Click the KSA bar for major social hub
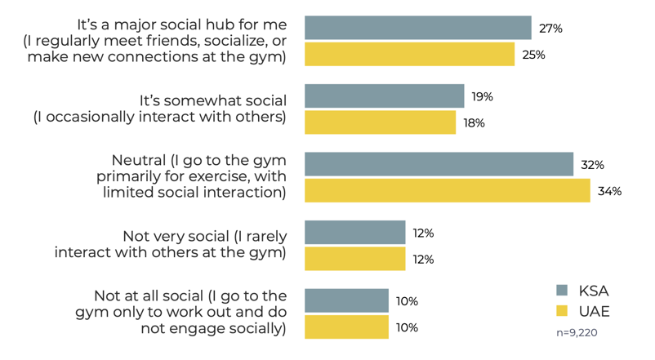tap(417, 28)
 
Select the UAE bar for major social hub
tap(409, 55)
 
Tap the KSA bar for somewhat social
tap(384, 96)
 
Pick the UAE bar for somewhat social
tap(380, 122)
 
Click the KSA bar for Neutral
tap(439, 164)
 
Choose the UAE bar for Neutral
tap(447, 191)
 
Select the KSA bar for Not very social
tap(354, 233)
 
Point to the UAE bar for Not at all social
tap(346, 327)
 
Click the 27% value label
tap(550, 28)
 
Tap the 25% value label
tap(533, 55)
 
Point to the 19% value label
tap(482, 96)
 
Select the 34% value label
tap(610, 191)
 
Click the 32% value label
tap(592, 164)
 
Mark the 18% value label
tap(474, 122)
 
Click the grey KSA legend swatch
tap(562, 290)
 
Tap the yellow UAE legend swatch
tap(562, 311)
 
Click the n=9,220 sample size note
tap(581, 333)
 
